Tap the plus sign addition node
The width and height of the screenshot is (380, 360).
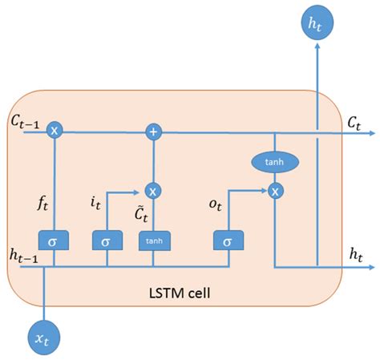point(152,130)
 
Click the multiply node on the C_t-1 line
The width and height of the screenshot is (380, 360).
point(54,130)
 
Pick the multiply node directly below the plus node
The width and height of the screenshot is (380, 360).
point(152,191)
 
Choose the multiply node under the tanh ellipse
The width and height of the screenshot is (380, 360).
point(275,191)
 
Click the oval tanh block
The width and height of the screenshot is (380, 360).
point(275,162)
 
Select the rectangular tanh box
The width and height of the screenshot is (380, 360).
point(153,240)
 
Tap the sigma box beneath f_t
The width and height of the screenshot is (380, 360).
point(54,240)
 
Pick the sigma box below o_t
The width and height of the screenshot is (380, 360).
point(228,240)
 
